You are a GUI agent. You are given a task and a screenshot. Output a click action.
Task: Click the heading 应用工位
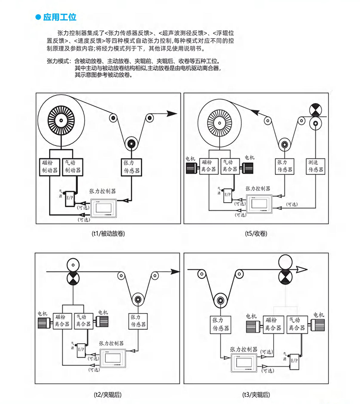pos(60,18)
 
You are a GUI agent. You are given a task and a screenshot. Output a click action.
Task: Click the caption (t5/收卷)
pos(256,233)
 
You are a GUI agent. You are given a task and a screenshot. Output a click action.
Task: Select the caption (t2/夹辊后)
pos(108,395)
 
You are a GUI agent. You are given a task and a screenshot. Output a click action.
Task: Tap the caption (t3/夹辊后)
pos(256,395)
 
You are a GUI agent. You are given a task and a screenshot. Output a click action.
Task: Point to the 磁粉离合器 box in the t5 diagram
pos(208,166)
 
